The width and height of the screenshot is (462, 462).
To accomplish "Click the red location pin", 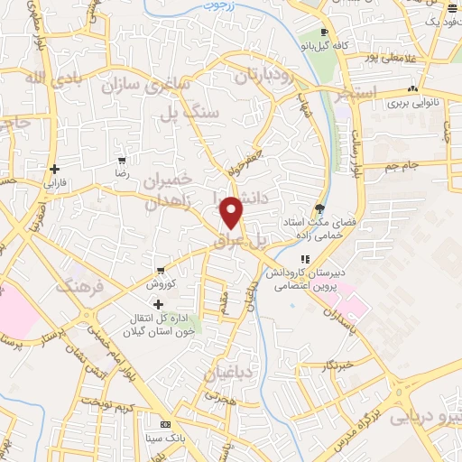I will click(232, 212).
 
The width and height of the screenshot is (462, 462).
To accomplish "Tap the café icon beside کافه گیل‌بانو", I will click(323, 32).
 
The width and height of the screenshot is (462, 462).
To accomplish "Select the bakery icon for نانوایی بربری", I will click(411, 89).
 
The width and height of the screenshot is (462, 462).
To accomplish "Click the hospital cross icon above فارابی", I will click(55, 168).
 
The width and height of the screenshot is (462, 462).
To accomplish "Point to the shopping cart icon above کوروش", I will click(160, 271).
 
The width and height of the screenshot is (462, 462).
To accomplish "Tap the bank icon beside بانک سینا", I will click(164, 424).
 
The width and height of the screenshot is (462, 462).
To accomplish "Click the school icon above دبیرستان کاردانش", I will click(306, 260).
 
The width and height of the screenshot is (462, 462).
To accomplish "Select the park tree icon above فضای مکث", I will click(321, 208).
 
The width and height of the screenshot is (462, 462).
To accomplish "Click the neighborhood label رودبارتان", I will click(265, 77).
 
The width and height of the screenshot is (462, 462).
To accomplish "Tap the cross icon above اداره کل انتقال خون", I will click(161, 306).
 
